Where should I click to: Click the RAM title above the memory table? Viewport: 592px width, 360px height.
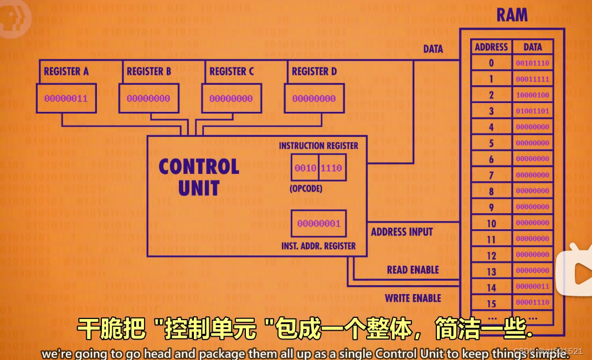coord(512,15)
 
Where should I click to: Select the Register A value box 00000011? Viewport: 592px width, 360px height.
coord(66,99)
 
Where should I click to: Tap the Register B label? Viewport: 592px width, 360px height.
coord(149,71)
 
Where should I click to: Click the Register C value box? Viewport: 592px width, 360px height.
coord(231,99)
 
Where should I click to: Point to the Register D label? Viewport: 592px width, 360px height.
coord(314,71)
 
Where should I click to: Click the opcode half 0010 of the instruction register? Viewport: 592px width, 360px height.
coord(305,168)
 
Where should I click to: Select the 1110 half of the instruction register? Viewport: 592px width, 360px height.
coord(332,168)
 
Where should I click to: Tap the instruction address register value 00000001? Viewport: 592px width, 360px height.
coord(318,224)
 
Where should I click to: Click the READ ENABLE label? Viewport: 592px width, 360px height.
coord(413,270)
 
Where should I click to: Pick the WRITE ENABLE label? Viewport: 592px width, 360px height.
coord(413,299)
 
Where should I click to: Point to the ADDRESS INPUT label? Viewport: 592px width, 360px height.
coord(401,232)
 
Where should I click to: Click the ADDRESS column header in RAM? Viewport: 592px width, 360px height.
coord(491,47)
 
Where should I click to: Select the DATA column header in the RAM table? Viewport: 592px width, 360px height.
coord(532,47)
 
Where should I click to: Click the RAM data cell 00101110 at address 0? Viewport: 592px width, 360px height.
coord(532,63)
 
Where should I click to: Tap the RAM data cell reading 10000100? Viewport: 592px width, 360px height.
coord(532,95)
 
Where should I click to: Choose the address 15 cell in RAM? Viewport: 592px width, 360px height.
coord(491,304)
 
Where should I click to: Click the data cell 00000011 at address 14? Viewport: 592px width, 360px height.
coord(532,287)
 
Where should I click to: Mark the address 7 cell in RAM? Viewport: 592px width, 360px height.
coord(491,176)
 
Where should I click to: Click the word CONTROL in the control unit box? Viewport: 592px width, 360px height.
coord(199,167)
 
